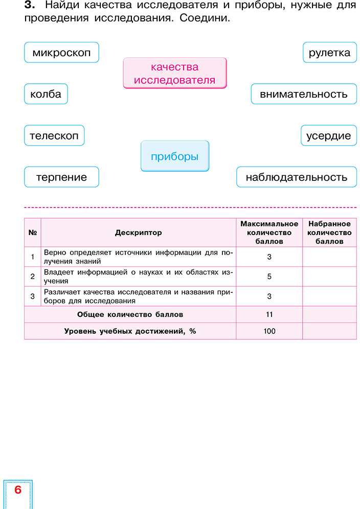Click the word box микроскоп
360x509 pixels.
pos(61,53)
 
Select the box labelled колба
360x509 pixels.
pos(46,94)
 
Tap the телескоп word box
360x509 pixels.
pos(54,135)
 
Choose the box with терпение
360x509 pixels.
pos(61,177)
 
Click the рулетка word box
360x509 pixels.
pos(330,53)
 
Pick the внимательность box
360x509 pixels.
pos(304,94)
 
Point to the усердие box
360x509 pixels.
pos(328,135)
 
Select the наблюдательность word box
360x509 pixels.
pos(297,177)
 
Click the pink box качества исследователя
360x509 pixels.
pos(175,74)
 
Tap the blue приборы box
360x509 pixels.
pos(175,156)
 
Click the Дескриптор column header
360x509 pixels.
pos(138,233)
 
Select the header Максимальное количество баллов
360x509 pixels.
pos(269,233)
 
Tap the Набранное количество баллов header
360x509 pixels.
pos(329,233)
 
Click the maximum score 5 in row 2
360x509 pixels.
pos(269,276)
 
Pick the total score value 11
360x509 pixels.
pos(269,314)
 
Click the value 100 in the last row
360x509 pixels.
pos(269,331)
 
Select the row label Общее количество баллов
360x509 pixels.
pos(130,314)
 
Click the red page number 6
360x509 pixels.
pos(18,490)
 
